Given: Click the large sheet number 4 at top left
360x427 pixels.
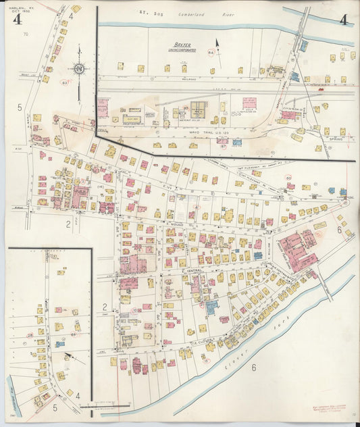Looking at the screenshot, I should pos(16,18).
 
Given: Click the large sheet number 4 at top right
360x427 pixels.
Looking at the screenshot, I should pos(344,19).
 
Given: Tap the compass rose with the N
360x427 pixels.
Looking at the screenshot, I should pos(79,68).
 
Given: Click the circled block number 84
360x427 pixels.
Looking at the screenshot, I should pos(211,53).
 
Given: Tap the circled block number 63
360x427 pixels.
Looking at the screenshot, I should pos(65,82).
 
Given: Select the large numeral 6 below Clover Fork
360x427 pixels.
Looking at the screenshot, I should pos(254,368).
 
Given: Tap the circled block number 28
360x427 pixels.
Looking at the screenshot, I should pos(30,334).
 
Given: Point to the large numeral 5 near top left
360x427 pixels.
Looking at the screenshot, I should pos(20,107).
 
